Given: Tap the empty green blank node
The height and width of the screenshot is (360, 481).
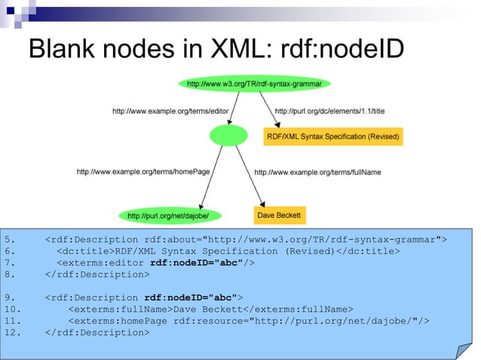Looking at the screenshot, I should (x=228, y=136).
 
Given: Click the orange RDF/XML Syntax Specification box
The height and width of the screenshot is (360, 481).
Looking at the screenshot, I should (x=332, y=136).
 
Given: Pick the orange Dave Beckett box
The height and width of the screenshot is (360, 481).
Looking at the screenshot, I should (x=279, y=215).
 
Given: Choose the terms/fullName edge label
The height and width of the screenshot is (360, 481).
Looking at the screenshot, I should (x=317, y=172).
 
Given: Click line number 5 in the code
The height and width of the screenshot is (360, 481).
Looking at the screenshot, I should (x=11, y=239).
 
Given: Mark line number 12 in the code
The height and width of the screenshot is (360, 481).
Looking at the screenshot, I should (x=14, y=331).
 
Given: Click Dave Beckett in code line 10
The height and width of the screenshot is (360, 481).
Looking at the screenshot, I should (x=207, y=308).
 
